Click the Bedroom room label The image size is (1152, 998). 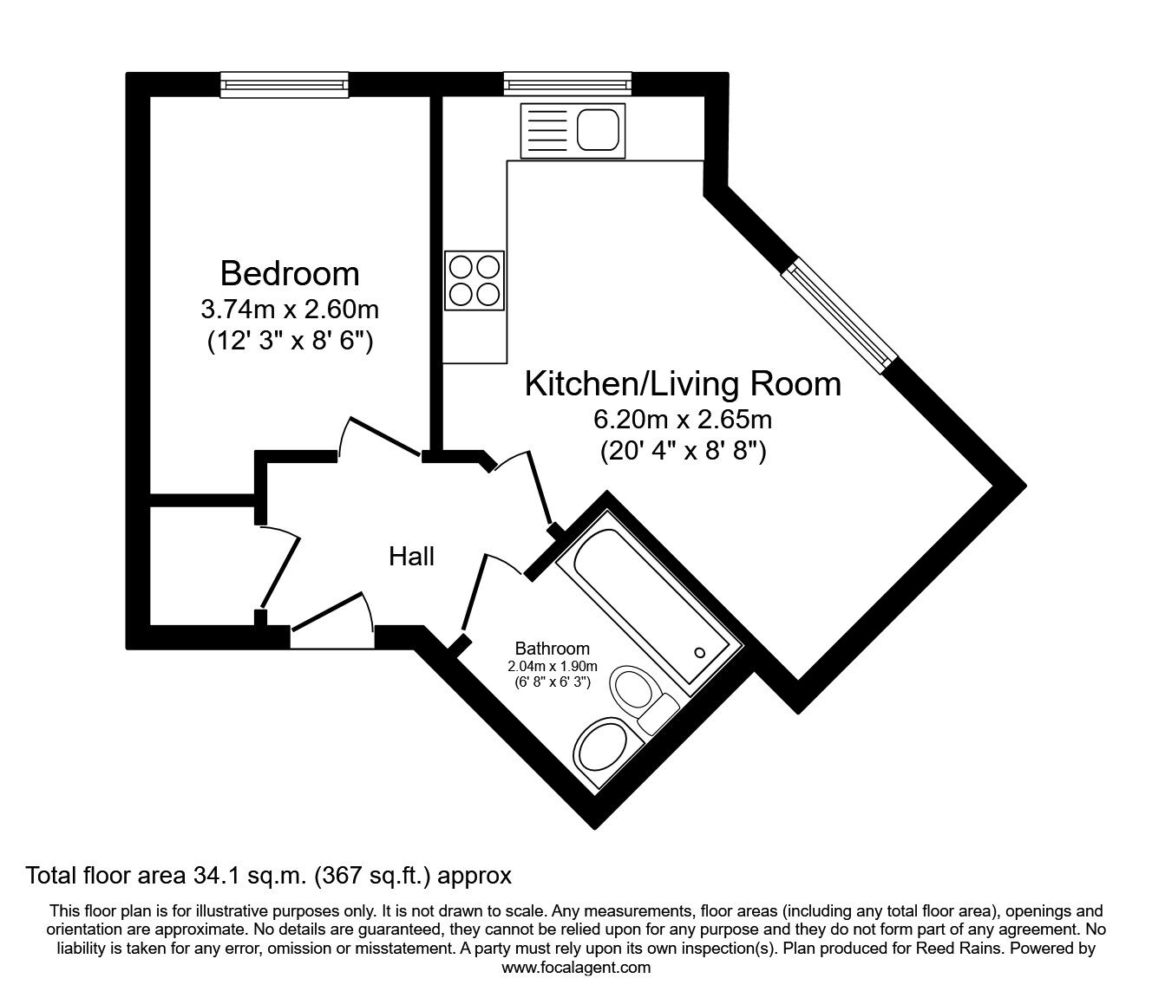coord(290,273)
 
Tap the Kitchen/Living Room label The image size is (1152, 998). coord(683,383)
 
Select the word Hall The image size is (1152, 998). coord(411,556)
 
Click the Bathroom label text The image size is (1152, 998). coord(553,648)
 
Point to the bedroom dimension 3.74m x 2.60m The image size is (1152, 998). coord(290,309)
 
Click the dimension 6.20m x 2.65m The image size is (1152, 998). coord(683,420)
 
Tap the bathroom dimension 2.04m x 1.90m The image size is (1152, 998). coord(553,666)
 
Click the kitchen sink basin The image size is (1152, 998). coord(597,130)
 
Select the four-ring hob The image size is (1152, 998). coord(474,280)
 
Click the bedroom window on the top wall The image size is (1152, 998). coord(285,84)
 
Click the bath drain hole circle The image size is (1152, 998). coord(700,652)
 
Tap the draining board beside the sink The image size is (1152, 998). coord(546,130)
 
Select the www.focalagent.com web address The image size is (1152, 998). coord(576,968)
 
